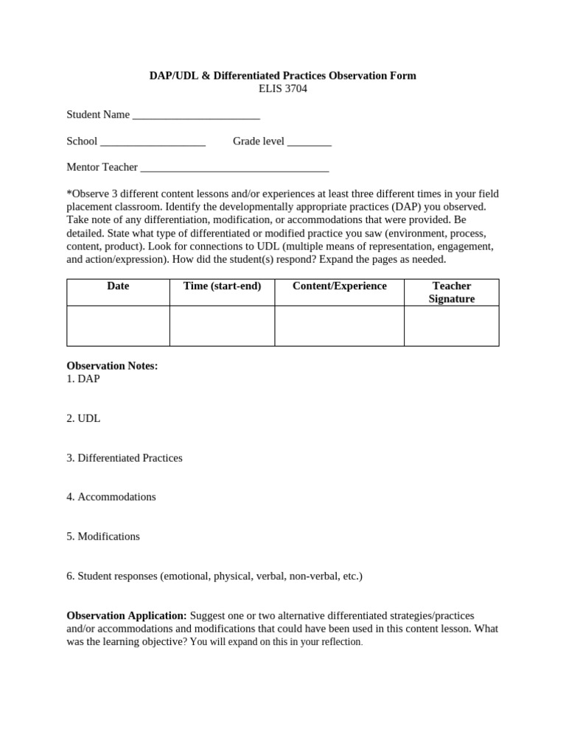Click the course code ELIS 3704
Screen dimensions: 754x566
click(283, 89)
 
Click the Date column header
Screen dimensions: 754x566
click(118, 286)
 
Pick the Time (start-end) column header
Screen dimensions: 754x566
click(222, 286)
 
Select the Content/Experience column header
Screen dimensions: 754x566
click(339, 286)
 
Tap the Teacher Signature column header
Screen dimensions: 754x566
click(451, 292)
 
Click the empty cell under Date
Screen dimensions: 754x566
click(118, 326)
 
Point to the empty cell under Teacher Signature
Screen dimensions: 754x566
click(451, 326)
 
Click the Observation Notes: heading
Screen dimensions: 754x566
click(112, 366)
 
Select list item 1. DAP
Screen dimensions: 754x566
click(83, 378)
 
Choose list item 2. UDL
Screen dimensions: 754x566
click(83, 418)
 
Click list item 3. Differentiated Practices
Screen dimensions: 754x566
click(125, 458)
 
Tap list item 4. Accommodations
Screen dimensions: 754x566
click(111, 497)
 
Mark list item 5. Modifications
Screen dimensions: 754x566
click(103, 537)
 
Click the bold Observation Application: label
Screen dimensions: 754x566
click(127, 616)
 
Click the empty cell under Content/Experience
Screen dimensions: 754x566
click(339, 326)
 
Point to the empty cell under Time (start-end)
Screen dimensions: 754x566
click(222, 326)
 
